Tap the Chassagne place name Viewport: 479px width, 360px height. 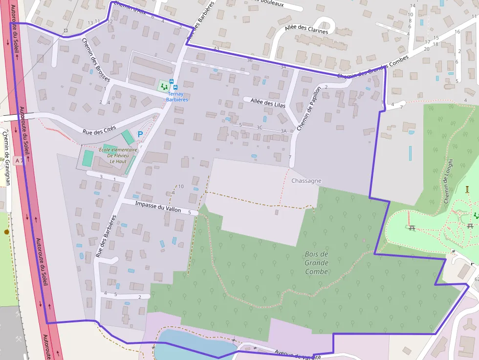pos(306,181)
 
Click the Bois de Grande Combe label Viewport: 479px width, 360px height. pos(316,263)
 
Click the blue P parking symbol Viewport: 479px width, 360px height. pos(140,134)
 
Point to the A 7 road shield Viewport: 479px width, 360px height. pos(19,160)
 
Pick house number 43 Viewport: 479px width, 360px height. pos(216,49)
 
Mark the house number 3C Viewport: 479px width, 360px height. pos(259,127)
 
